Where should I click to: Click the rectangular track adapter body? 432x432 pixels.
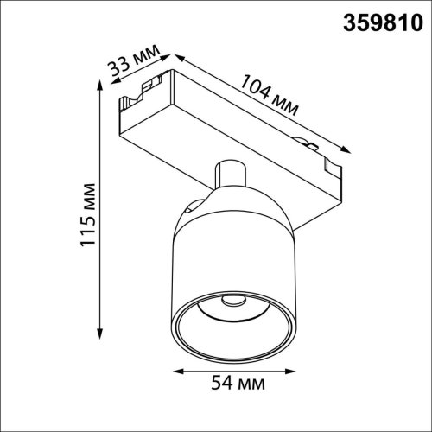[233, 130]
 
